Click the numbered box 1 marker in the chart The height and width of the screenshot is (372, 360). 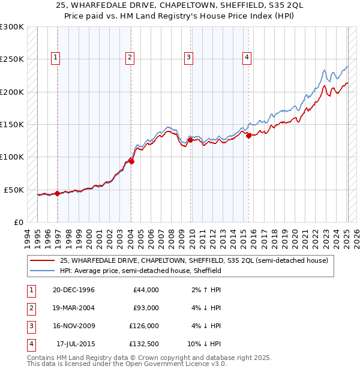pyautogui.click(x=55, y=58)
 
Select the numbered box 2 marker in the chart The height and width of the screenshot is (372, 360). pyautogui.click(x=130, y=58)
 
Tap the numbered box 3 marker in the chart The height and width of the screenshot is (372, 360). pyautogui.click(x=188, y=58)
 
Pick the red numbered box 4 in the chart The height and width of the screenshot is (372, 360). pyautogui.click(x=247, y=58)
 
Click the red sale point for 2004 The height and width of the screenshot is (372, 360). pyautogui.click(x=131, y=161)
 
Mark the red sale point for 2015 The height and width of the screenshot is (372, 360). pyautogui.click(x=248, y=135)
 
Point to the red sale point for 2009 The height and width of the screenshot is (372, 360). pyautogui.click(x=190, y=140)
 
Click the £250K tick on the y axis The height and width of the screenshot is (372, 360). pyautogui.click(x=12, y=59)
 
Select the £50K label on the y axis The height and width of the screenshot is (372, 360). pyautogui.click(x=14, y=190)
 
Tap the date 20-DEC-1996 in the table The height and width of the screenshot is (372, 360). pyautogui.click(x=73, y=290)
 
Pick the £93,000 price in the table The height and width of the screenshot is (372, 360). pyautogui.click(x=146, y=308)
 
